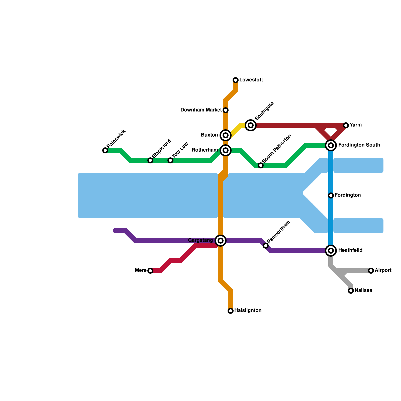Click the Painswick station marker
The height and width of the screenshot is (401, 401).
[x=105, y=150]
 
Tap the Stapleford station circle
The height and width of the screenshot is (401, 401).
[x=150, y=160]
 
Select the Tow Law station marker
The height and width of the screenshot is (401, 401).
[x=170, y=160]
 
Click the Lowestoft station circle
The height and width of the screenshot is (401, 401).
[x=236, y=80]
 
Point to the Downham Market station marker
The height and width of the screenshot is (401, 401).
[x=226, y=110]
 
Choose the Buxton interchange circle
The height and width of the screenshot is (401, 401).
[x=226, y=135]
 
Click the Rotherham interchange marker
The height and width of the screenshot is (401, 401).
[x=226, y=150]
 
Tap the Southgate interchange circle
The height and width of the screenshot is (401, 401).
[x=251, y=125]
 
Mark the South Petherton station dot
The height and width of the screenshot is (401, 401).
[x=261, y=165]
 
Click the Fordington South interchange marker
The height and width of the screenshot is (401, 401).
[x=331, y=145]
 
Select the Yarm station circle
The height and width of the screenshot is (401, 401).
[x=346, y=125]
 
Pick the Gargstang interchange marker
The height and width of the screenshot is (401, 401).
[x=221, y=241]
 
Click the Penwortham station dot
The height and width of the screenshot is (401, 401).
[x=266, y=246]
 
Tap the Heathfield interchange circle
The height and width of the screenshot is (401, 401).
[x=331, y=251]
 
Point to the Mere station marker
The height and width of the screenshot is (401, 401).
[x=150, y=271]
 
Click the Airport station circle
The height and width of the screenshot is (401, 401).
[x=371, y=271]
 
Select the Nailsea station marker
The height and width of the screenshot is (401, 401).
[x=351, y=291]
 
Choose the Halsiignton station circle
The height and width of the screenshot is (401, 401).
[x=231, y=311]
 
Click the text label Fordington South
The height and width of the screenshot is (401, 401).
[x=359, y=145]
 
